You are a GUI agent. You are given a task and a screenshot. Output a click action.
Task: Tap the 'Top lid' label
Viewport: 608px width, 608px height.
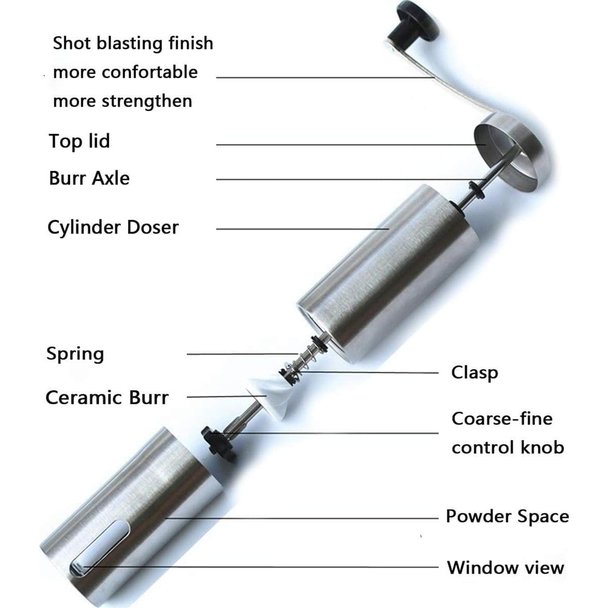click(x=79, y=141)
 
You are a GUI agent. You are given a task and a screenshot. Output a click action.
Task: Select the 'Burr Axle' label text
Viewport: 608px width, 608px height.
click(x=89, y=178)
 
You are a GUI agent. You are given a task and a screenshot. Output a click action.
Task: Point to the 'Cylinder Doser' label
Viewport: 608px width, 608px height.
click(x=113, y=227)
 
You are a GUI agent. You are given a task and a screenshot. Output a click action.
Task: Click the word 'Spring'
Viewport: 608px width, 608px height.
click(x=75, y=354)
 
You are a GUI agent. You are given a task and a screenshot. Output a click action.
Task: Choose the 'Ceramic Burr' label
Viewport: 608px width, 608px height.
click(x=107, y=397)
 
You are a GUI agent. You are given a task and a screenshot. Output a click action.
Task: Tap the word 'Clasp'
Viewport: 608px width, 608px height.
click(x=474, y=372)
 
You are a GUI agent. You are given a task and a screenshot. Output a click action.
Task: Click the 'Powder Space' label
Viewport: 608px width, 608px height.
click(x=507, y=516)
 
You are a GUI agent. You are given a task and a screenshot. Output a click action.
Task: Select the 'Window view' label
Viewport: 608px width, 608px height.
click(x=506, y=567)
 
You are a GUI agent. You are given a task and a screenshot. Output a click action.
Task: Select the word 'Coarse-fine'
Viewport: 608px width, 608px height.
click(x=502, y=419)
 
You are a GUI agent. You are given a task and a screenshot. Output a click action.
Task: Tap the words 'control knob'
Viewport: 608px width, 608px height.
click(x=508, y=447)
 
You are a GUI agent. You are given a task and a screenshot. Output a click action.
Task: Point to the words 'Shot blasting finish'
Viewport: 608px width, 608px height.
click(x=133, y=43)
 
